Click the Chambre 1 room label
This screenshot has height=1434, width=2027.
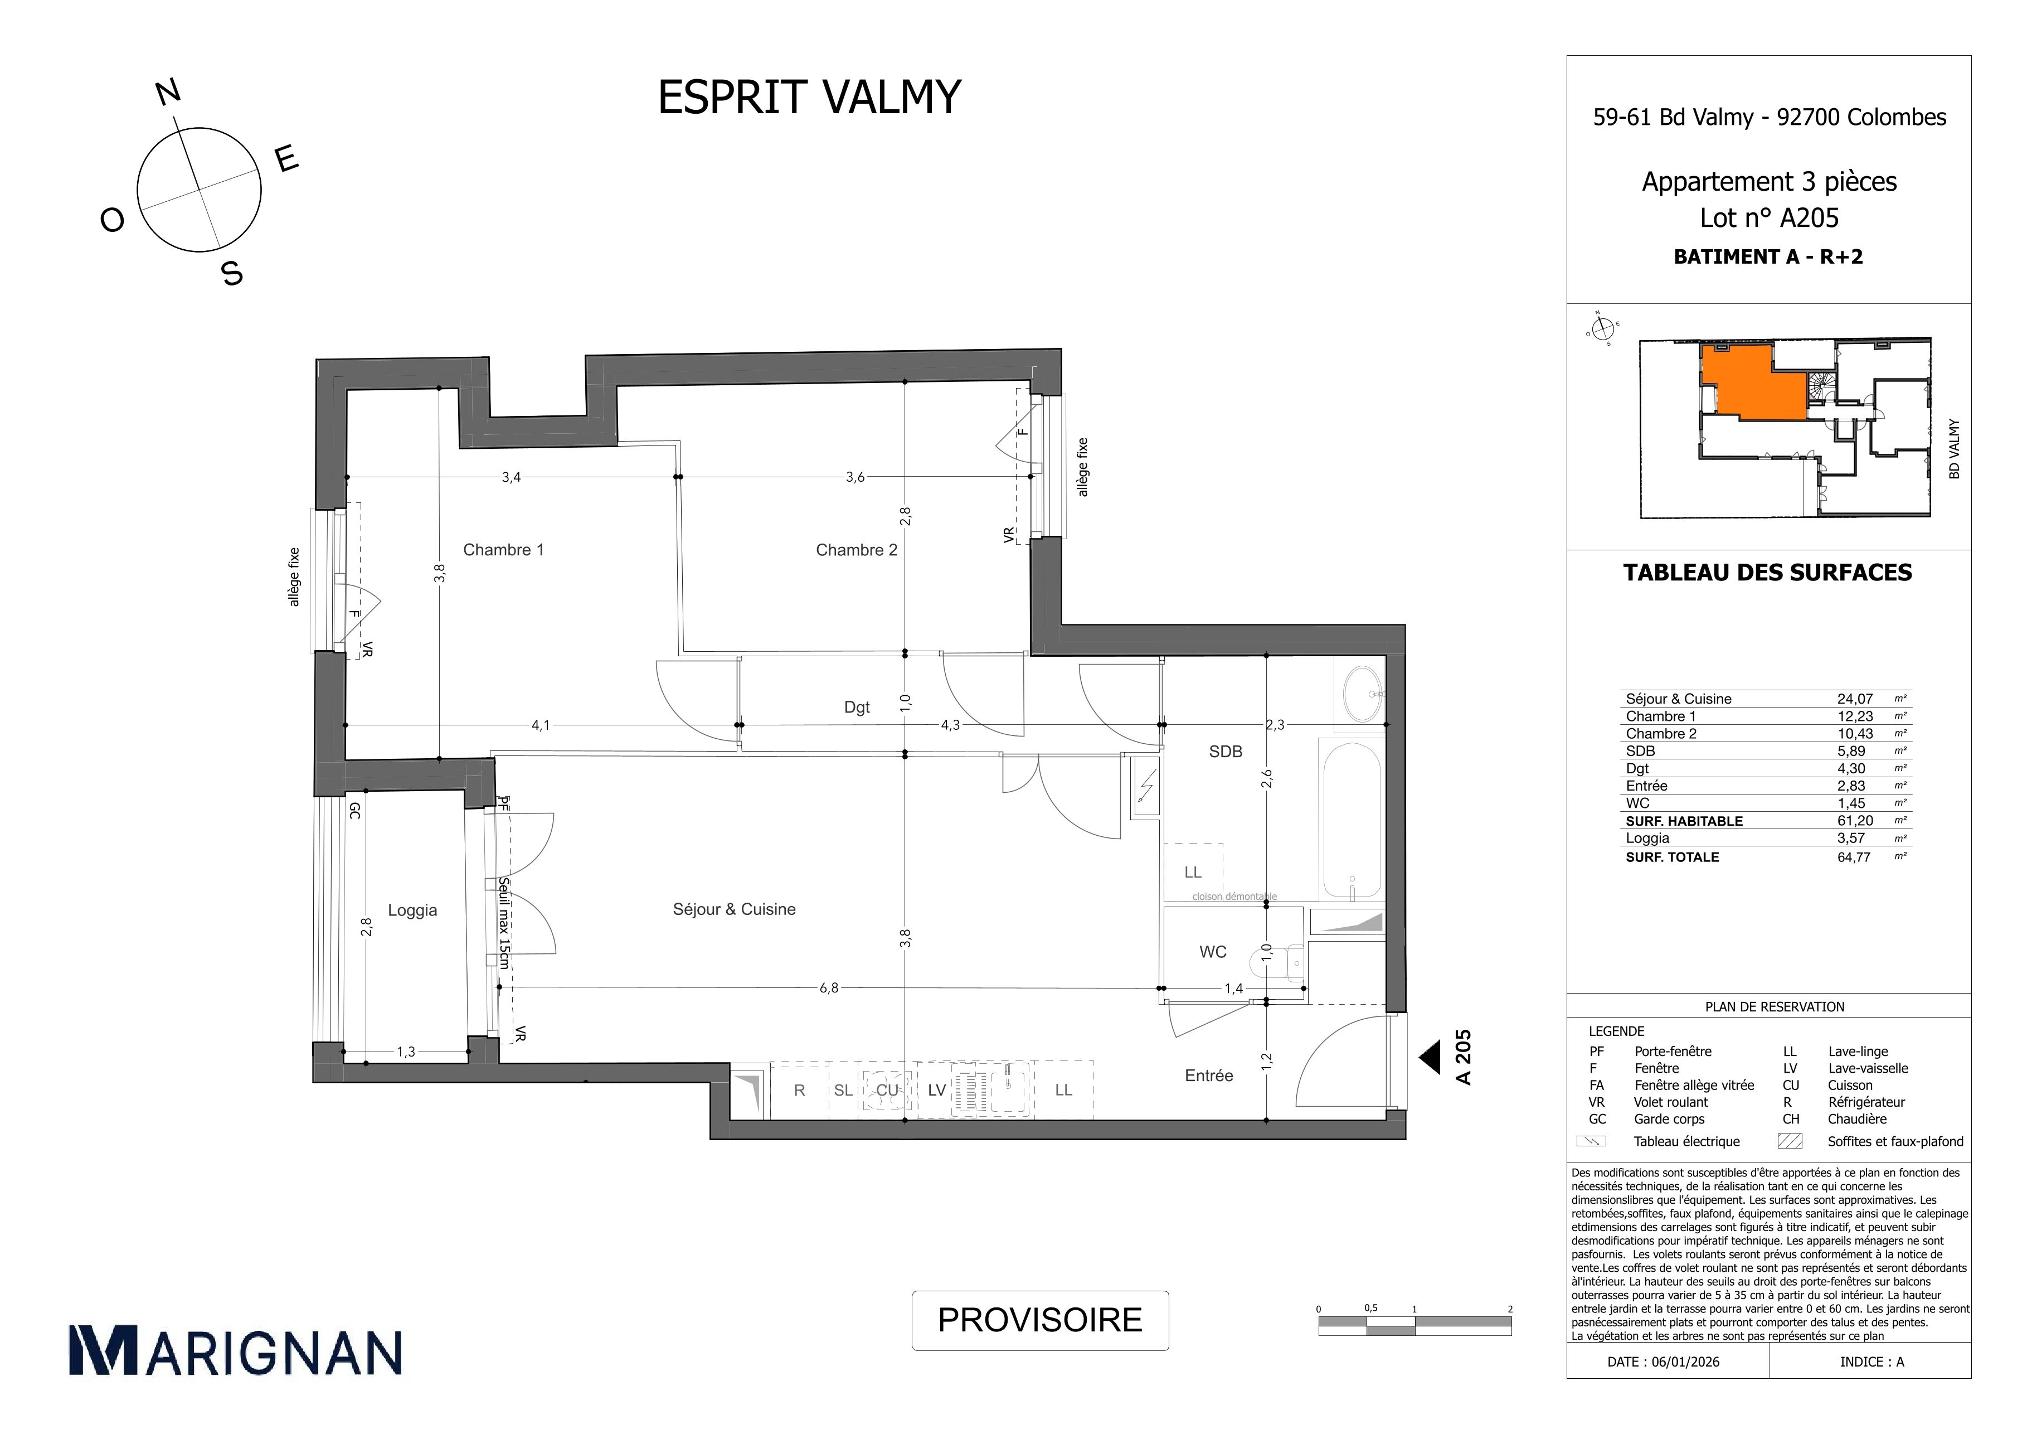tap(503, 550)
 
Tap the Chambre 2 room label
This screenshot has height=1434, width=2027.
tap(857, 550)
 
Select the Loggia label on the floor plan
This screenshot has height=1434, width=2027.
tap(412, 910)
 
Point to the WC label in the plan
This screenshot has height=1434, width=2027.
tap(1213, 952)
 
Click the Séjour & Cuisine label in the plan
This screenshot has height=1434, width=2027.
tap(733, 909)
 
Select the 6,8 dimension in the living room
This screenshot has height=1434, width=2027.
tap(828, 988)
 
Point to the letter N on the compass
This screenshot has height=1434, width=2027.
tap(168, 92)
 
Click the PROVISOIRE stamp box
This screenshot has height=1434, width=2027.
tap(1040, 1320)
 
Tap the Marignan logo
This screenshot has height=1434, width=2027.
tap(235, 1351)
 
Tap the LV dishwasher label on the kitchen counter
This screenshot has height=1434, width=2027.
tap(937, 1091)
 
